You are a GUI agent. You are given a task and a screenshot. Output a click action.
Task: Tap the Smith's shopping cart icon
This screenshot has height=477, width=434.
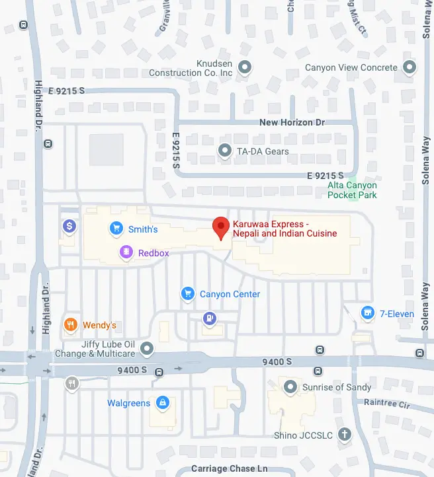coord(116,229)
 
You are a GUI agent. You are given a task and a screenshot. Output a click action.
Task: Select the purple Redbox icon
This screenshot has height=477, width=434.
coord(126,252)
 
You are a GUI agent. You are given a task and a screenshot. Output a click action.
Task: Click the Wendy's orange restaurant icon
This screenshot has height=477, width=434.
coord(70,325)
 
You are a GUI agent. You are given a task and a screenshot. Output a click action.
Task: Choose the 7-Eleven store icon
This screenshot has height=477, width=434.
coord(367,312)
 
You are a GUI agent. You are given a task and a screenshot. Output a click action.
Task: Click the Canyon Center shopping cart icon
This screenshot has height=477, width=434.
coord(188,294)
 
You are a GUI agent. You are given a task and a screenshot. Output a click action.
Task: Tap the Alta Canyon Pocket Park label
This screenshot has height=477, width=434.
coord(353,190)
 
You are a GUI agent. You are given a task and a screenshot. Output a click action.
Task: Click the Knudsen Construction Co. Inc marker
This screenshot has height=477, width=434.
coord(244,67)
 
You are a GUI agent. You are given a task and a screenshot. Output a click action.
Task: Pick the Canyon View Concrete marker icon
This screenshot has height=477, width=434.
coord(410,67)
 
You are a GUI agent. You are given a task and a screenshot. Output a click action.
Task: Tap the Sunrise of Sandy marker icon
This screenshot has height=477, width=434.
coord(290,386)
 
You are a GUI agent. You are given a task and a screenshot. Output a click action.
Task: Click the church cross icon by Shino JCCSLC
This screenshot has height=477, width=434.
coord(344,435)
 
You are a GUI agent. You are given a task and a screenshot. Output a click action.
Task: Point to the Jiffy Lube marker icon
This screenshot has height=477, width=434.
coord(147,348)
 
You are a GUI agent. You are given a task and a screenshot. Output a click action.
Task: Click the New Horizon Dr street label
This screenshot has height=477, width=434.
coord(292,123)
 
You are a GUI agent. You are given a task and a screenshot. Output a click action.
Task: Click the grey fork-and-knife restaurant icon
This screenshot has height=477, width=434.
coord(72,383)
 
